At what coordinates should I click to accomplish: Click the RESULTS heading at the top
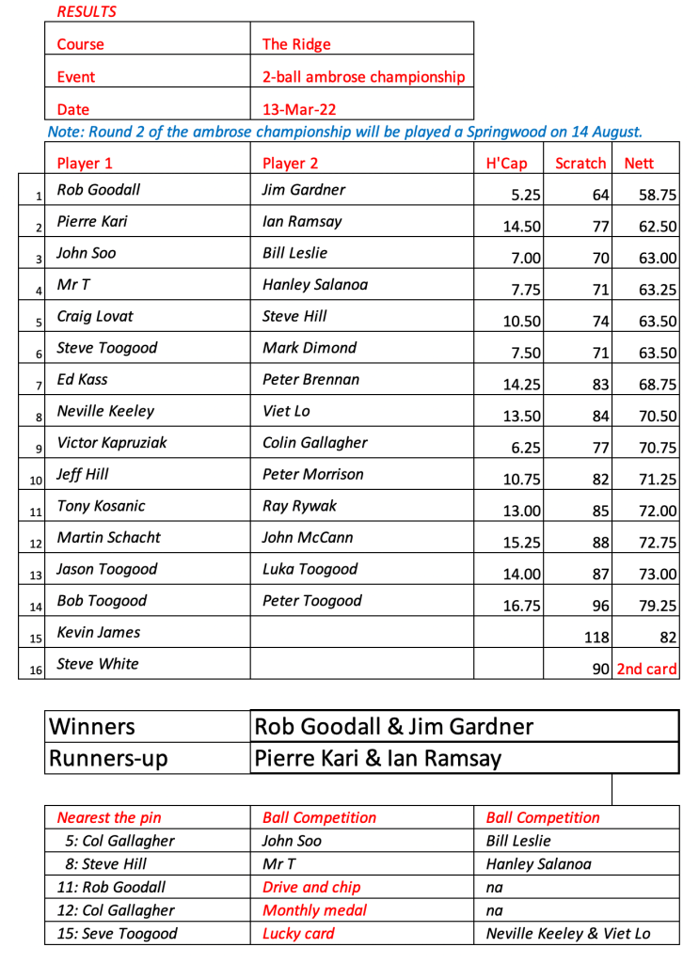coord(87,12)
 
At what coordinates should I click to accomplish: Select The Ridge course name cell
coord(296,44)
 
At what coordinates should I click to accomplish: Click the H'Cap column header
coord(506,164)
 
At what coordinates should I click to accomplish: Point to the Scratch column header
coord(580,164)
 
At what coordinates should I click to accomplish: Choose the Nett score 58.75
coord(658,196)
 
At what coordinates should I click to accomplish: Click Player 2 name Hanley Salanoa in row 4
coord(315,285)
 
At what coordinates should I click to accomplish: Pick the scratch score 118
coord(596,639)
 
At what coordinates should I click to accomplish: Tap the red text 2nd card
coord(647,671)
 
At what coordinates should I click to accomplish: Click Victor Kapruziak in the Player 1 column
coord(112,443)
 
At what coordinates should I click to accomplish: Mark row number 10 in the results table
coord(36,481)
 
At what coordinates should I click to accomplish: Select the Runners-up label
coord(107,758)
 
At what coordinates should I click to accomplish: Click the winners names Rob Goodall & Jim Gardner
coord(394,726)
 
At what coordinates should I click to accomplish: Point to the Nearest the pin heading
coord(109,818)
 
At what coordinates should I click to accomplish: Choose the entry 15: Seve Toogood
coord(121,935)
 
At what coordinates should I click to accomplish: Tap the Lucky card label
coord(298,935)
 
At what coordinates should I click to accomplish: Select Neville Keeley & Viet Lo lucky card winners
coord(567,935)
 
